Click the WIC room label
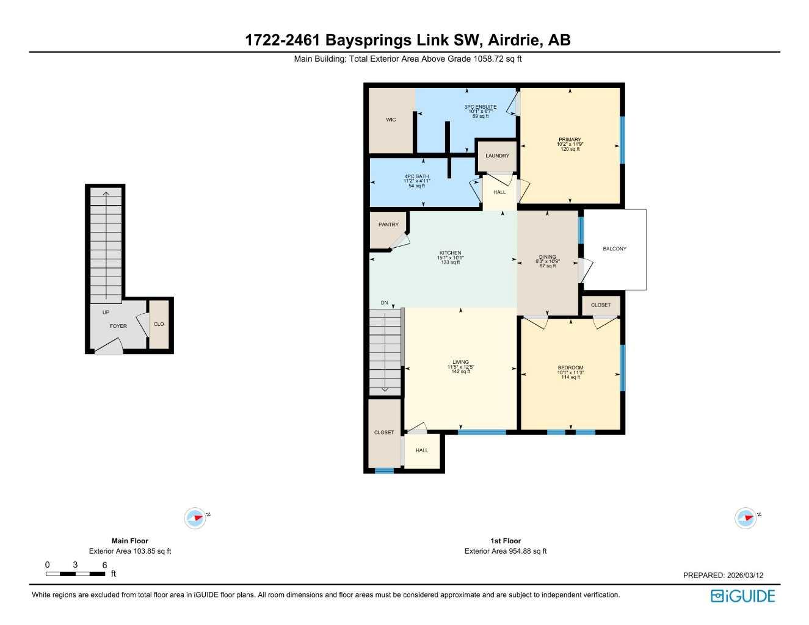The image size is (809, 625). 391,120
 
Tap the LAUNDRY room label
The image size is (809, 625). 497,156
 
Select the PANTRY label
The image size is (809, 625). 388,225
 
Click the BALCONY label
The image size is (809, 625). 614,249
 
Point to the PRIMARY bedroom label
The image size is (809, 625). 570,140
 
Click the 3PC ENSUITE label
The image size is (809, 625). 481,107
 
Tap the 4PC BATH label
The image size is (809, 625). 416,176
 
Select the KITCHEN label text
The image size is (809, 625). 451,253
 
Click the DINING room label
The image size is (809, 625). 548,257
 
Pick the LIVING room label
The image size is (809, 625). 460,362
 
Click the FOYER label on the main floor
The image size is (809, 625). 118,326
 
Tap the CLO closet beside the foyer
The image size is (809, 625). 159,324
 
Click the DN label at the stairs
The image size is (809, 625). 384,303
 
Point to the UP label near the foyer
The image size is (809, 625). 106,312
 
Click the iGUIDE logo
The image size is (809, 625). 742,596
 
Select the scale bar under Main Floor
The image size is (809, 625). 76,574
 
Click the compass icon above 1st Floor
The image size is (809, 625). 746,518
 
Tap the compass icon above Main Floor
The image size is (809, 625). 195,518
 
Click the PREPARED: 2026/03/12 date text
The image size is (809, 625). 723,575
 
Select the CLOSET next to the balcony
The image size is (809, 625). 600,305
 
